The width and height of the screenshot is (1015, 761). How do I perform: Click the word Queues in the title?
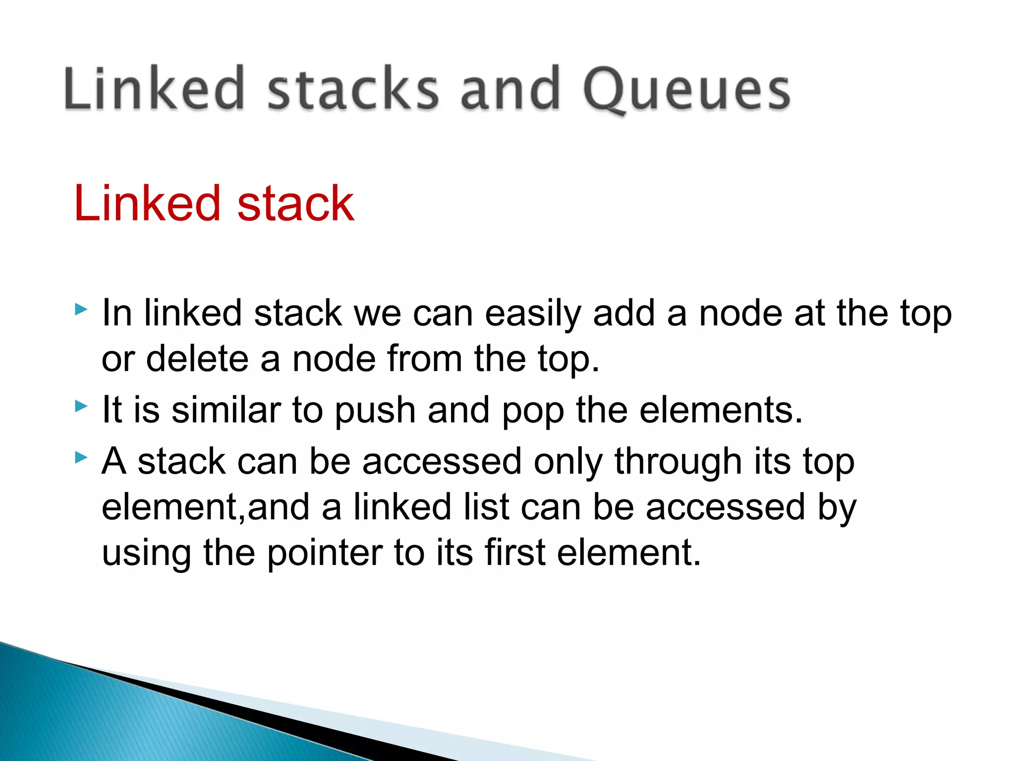click(686, 89)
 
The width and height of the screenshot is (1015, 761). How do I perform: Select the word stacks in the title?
click(353, 89)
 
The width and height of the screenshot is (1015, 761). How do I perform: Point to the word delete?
click(197, 359)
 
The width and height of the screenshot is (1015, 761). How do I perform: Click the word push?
click(375, 411)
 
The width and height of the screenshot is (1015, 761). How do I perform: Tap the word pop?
click(533, 411)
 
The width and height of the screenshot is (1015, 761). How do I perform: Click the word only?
click(568, 462)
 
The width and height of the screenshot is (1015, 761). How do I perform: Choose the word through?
click(678, 462)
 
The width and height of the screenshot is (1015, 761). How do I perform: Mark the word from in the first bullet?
click(424, 359)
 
